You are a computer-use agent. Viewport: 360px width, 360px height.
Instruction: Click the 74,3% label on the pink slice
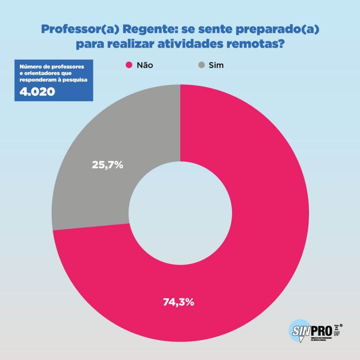click(179, 302)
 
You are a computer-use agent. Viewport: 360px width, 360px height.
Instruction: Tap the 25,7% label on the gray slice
click(107, 165)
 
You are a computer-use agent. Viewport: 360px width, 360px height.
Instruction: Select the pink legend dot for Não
click(129, 65)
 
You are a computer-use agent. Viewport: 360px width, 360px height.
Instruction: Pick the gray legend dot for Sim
click(201, 65)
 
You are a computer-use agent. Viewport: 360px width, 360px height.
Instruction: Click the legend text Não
click(144, 65)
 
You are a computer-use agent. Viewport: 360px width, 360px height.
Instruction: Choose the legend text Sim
click(216, 65)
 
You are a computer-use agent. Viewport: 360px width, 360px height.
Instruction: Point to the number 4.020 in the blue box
click(37, 92)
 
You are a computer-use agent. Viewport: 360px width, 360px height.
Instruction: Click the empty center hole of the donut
click(180, 213)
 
